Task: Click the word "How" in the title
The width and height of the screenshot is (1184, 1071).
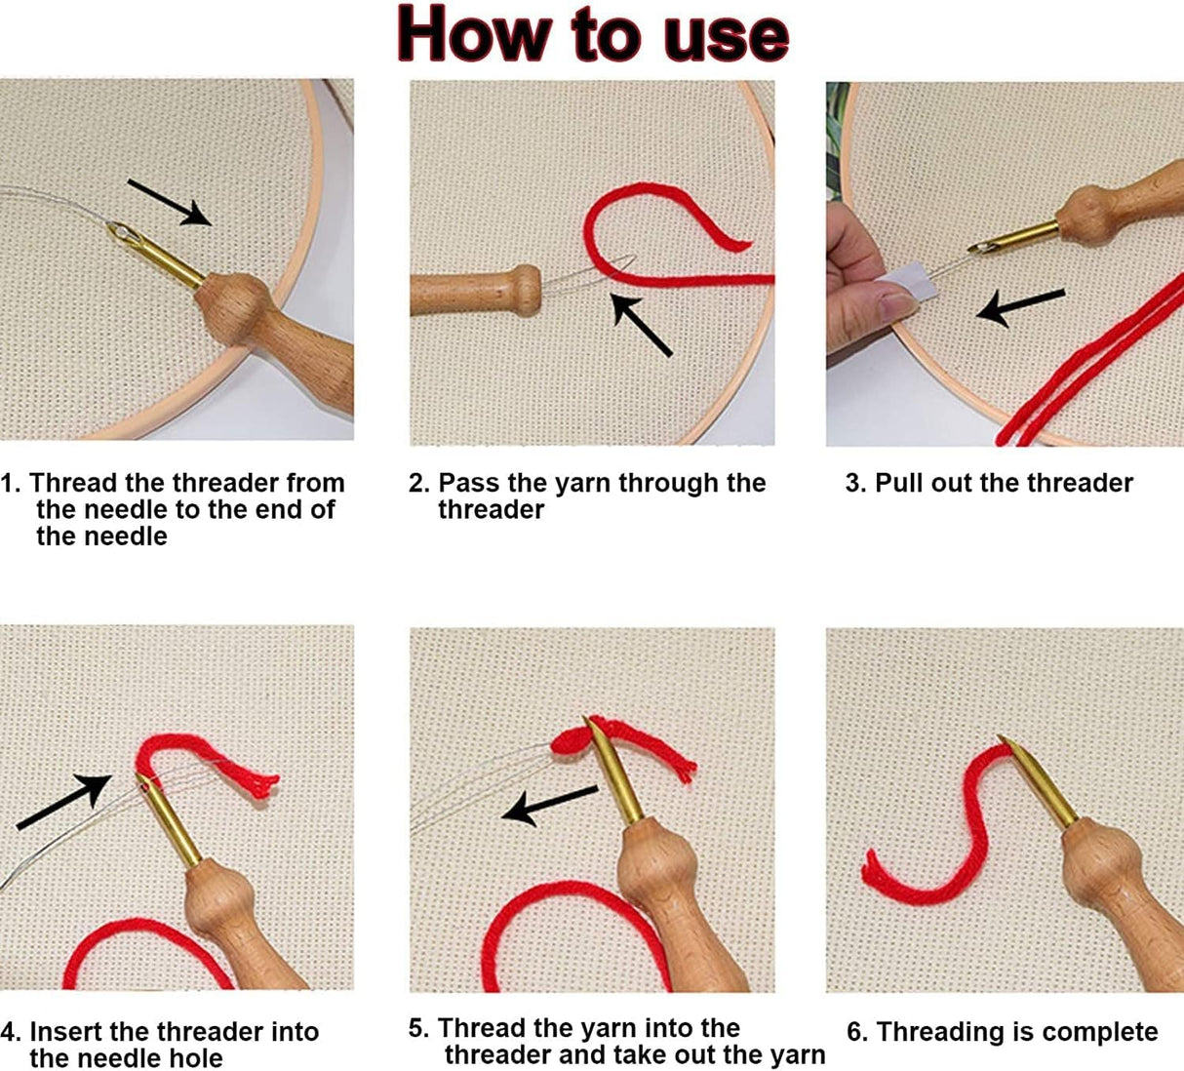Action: click(x=475, y=34)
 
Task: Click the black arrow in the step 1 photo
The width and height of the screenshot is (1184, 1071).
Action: click(x=170, y=203)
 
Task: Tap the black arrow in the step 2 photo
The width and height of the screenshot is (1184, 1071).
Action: click(x=642, y=326)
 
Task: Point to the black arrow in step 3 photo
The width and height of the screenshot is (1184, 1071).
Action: click(x=1020, y=307)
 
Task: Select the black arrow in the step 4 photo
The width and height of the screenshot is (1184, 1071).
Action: click(x=63, y=802)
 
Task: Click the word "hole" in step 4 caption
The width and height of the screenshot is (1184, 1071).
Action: click(x=198, y=1058)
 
